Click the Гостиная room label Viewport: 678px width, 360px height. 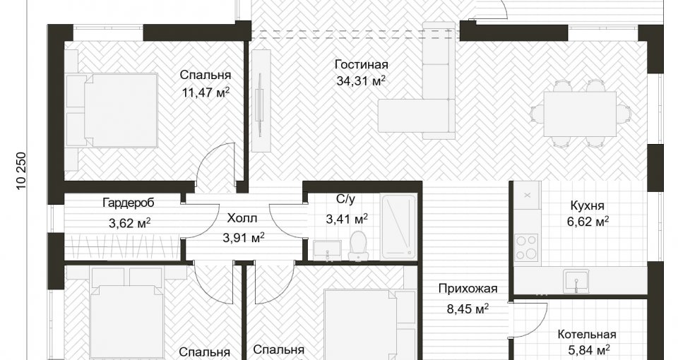coord(362,65)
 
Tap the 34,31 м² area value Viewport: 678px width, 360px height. coord(361,80)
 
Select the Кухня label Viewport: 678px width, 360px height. coord(587,205)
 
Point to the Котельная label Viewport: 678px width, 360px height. coord(586,335)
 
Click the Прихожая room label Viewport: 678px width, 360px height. coord(468,289)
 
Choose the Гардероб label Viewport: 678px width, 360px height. coord(129,203)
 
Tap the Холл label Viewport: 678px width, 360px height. coord(242,218)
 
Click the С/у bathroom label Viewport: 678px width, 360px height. coord(345,199)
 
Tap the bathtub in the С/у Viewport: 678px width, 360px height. coord(398,226)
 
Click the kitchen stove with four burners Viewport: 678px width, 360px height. coord(526,247)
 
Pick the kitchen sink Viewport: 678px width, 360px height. coord(576,282)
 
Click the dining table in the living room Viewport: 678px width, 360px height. coord(579,114)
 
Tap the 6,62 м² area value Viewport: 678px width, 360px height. coord(588,222)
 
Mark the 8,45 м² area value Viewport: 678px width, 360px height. coord(468,308)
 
